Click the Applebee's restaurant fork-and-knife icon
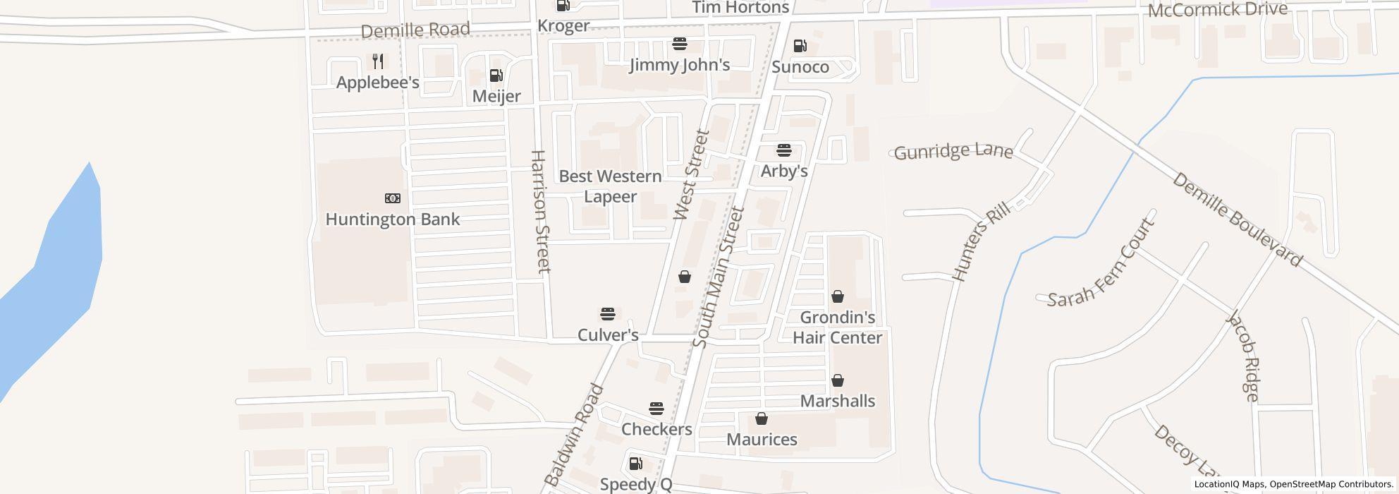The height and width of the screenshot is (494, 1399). tap(378, 61)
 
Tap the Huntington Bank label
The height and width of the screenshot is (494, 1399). tap(392, 219)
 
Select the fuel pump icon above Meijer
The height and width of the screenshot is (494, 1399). tap(496, 76)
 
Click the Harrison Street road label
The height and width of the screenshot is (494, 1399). tap(539, 211)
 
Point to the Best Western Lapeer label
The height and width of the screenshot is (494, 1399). tap(610, 186)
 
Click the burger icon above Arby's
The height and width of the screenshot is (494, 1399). tap(783, 150)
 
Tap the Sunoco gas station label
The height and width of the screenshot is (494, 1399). tap(800, 67)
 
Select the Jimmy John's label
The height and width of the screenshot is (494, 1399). tap(679, 65)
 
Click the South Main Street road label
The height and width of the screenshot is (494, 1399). tap(719, 277)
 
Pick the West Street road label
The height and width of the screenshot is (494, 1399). tap(691, 175)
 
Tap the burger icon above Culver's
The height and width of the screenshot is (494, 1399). tap(608, 313)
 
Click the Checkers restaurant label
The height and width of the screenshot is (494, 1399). tap(656, 429)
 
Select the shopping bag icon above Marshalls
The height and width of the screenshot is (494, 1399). tap(837, 381)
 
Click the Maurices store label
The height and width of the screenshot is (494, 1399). tap(762, 440)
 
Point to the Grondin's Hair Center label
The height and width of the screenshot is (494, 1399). tap(837, 327)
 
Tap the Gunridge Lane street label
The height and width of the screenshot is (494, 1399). tap(953, 152)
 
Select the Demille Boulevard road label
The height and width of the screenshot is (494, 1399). tap(1237, 220)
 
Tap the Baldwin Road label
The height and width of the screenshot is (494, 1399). tap(575, 435)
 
